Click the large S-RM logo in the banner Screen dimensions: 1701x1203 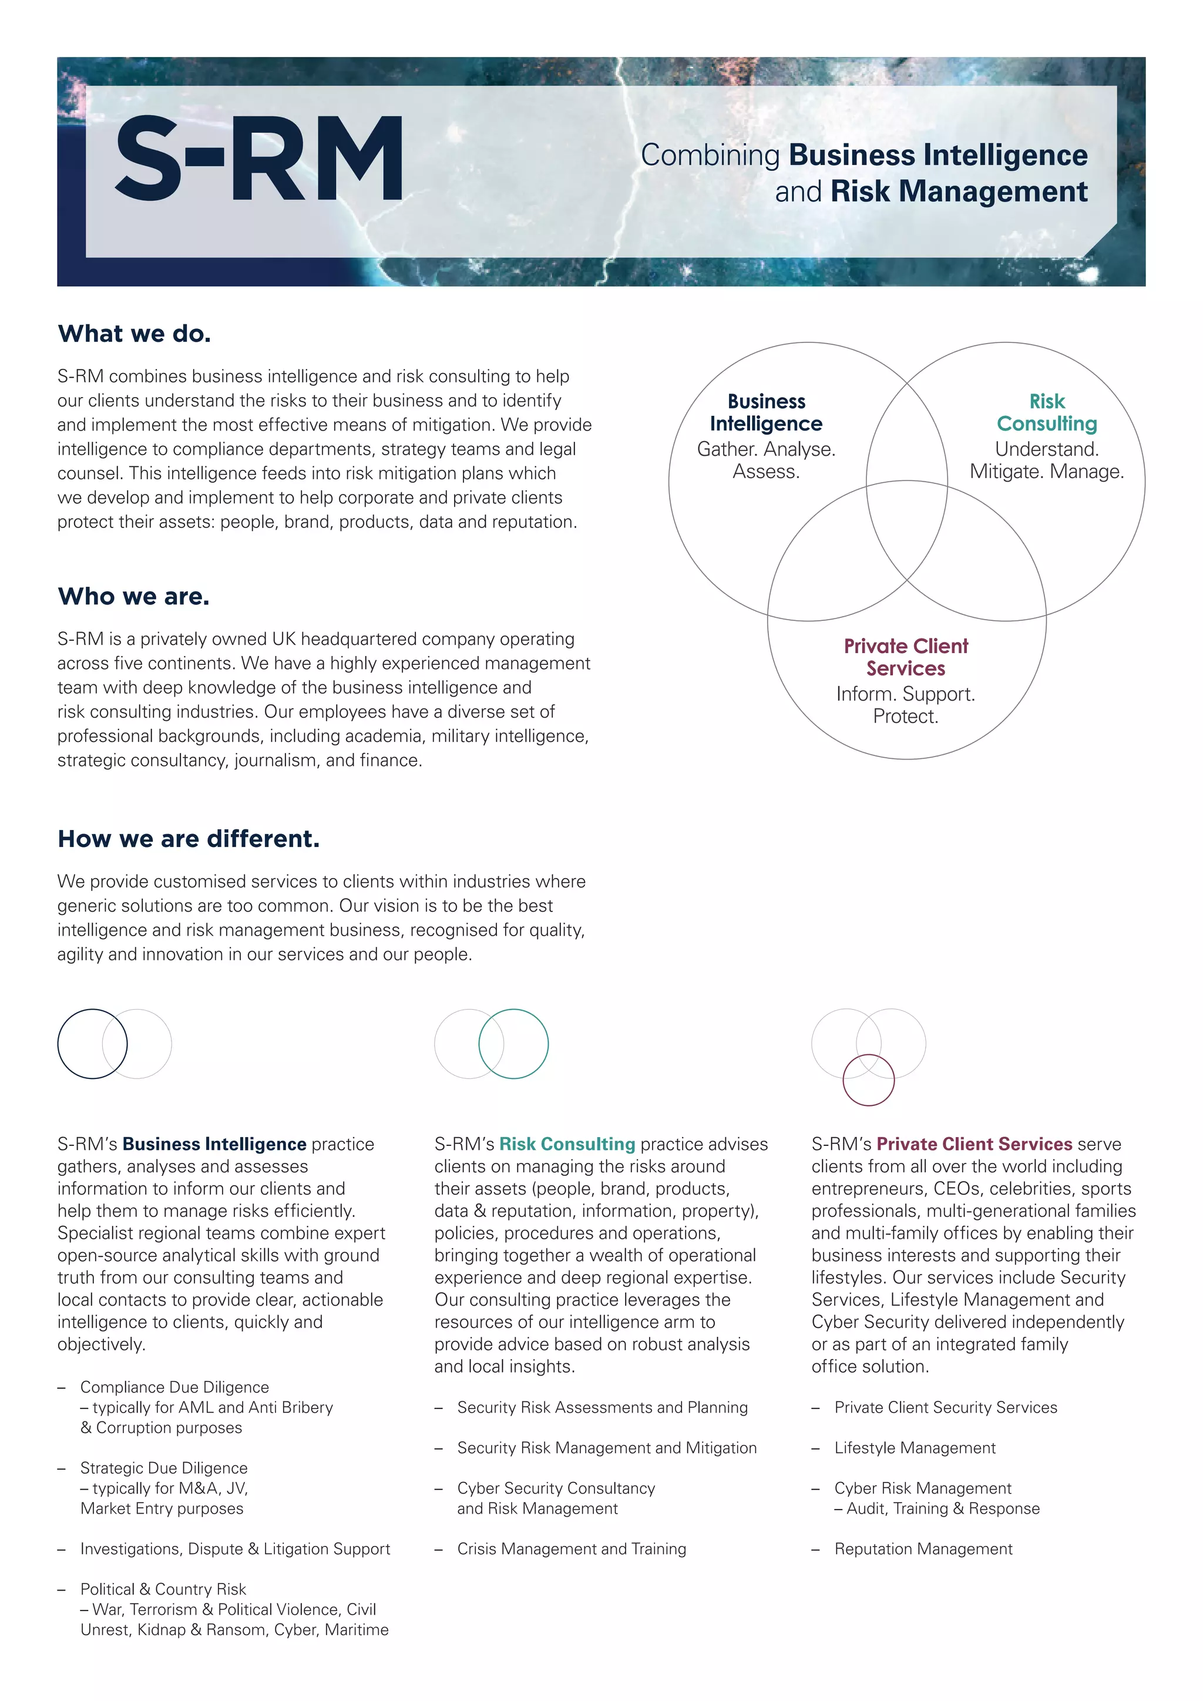tap(258, 159)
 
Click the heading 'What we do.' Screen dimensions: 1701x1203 tap(134, 334)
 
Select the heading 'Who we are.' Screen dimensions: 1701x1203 tap(133, 596)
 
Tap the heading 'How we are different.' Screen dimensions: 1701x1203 tap(188, 839)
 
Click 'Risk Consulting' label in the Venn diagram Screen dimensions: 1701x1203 tap(1046, 413)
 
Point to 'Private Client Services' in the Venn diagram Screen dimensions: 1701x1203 tap(905, 657)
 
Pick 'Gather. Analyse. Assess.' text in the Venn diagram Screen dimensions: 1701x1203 tap(766, 460)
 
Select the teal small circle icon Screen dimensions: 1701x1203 tap(513, 1043)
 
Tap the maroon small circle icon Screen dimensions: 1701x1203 tap(868, 1080)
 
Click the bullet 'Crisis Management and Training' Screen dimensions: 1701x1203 tap(571, 1548)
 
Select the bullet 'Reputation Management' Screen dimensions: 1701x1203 tap(923, 1548)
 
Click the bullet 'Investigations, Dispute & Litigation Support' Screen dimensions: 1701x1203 tap(235, 1548)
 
